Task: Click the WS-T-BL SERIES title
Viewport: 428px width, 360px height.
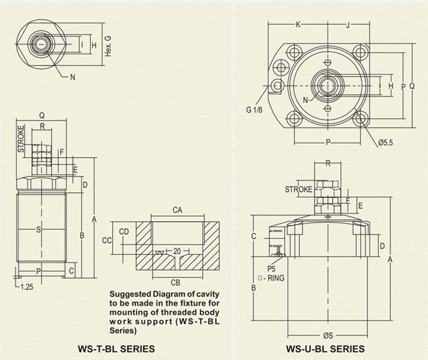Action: [x=115, y=347]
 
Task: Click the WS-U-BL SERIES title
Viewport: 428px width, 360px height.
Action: [x=325, y=347]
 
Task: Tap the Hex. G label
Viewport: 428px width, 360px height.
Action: [x=108, y=46]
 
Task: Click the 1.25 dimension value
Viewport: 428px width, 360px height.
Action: [x=26, y=287]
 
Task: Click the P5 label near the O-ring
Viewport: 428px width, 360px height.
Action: [x=272, y=269]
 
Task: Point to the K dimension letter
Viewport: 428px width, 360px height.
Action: [x=298, y=25]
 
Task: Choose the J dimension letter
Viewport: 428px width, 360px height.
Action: [x=347, y=25]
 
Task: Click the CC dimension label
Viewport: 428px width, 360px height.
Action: [x=107, y=240]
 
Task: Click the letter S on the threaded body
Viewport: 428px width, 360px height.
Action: [x=38, y=229]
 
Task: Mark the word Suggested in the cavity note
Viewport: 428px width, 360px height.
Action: [x=130, y=294]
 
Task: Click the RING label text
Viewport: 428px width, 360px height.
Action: [x=277, y=277]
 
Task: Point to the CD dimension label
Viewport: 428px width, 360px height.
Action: [x=124, y=231]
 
